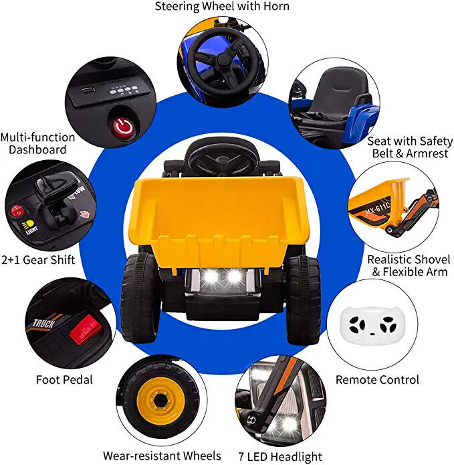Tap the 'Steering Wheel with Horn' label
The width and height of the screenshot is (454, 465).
pyautogui.click(x=223, y=7)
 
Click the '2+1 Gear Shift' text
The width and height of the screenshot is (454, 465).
pyautogui.click(x=37, y=259)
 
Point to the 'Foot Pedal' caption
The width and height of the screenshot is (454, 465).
pyautogui.click(x=64, y=380)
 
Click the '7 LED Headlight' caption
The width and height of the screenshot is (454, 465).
pyautogui.click(x=280, y=456)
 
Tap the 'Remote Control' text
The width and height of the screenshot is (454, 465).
pyautogui.click(x=377, y=380)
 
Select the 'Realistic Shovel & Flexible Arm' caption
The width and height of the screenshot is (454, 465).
pyautogui.click(x=409, y=265)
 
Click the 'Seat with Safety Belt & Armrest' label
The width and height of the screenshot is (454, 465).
pyautogui.click(x=409, y=147)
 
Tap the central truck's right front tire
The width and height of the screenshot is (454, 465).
pyautogui.click(x=304, y=299)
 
